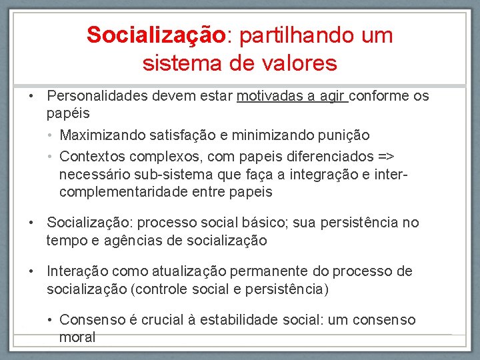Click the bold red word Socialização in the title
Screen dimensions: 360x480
pyautogui.click(x=156, y=35)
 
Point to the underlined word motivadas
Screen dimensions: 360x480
pyautogui.click(x=268, y=96)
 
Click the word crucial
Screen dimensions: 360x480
pyautogui.click(x=161, y=320)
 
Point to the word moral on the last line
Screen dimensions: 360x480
pyautogui.click(x=77, y=337)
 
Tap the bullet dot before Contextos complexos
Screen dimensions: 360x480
pyautogui.click(x=51, y=156)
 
